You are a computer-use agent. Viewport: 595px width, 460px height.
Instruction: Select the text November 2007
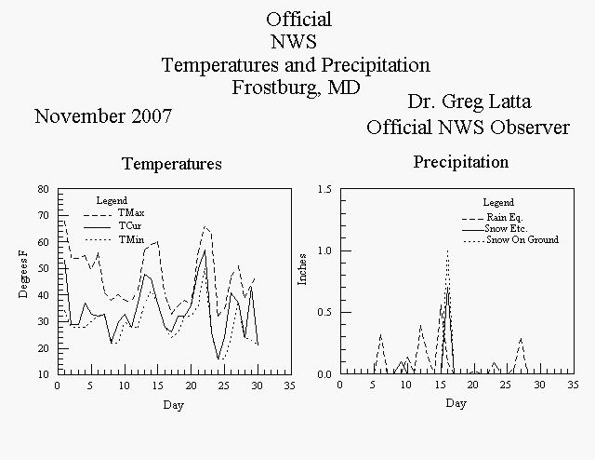point(103,116)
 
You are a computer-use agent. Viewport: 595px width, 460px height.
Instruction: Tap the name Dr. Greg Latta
point(469,101)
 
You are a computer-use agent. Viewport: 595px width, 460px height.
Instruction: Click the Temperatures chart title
point(172,164)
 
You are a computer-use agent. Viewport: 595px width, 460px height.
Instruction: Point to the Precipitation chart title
point(461,162)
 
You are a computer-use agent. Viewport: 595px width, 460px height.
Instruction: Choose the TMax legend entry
point(114,213)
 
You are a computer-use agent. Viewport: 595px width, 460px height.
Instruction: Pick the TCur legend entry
point(113,226)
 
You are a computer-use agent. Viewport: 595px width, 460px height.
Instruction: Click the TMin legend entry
point(114,240)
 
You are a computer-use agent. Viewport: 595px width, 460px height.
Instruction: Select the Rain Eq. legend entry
point(493,218)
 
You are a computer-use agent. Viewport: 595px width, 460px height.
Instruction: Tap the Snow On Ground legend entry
point(510,240)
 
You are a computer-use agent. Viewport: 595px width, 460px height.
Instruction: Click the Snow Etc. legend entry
point(495,229)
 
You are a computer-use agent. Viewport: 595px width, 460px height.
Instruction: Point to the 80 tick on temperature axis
point(44,189)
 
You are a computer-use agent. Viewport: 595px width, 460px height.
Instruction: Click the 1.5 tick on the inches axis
point(324,189)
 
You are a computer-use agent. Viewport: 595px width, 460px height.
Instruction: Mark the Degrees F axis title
point(23,273)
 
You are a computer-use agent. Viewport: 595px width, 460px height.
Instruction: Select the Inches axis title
point(302,269)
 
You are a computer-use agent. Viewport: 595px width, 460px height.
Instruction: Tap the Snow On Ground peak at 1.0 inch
point(448,250)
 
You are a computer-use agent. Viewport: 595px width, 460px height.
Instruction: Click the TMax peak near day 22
point(205,227)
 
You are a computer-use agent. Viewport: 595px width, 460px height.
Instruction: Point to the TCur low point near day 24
point(218,359)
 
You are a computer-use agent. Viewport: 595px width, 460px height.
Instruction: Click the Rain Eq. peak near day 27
point(521,338)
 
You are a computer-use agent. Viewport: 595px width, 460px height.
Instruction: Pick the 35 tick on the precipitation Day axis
point(574,386)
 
